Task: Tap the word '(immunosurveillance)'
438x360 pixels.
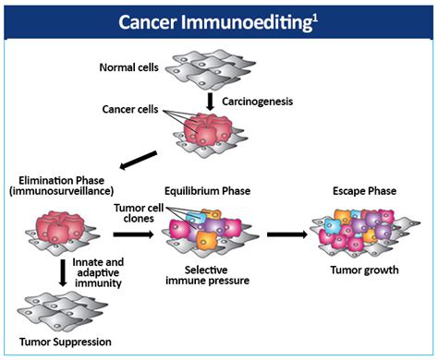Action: click(57, 192)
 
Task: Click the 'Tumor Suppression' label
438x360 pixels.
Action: click(59, 342)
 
